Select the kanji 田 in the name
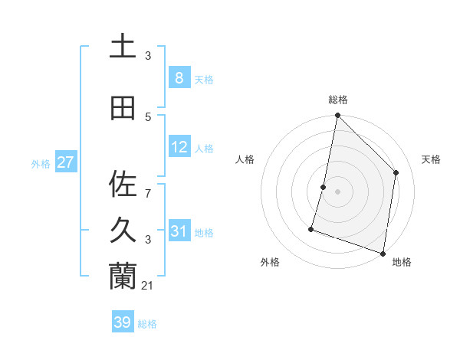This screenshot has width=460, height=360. pyautogui.click(x=123, y=108)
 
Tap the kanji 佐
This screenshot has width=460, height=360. pyautogui.click(x=123, y=184)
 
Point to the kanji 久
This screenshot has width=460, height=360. pyautogui.click(x=123, y=231)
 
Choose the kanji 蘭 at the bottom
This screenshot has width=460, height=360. pyautogui.click(x=123, y=277)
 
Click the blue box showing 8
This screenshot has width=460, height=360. pyautogui.click(x=179, y=78)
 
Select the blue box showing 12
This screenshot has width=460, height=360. pyautogui.click(x=179, y=147)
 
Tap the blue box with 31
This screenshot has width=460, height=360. pyautogui.click(x=179, y=231)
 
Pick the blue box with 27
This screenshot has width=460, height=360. pyautogui.click(x=65, y=162)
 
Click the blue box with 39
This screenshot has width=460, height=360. pyautogui.click(x=122, y=322)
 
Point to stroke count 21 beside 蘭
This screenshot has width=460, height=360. pyautogui.click(x=149, y=286)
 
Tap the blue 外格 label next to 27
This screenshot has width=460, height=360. pyautogui.click(x=40, y=163)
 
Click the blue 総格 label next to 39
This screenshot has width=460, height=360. pyautogui.click(x=147, y=324)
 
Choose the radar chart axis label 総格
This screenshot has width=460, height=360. pyautogui.click(x=338, y=100)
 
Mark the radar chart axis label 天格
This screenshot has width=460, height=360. pyautogui.click(x=431, y=159)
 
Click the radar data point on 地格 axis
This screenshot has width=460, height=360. pyautogui.click(x=383, y=253)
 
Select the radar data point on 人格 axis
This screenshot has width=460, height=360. pyautogui.click(x=324, y=187)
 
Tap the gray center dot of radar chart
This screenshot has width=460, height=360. pyautogui.click(x=337, y=191)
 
